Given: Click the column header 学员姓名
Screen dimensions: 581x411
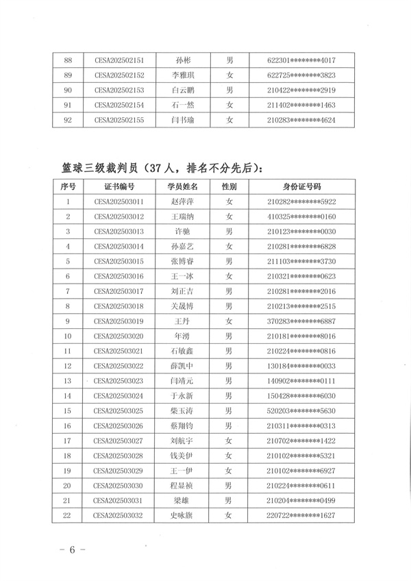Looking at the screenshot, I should coord(183,186).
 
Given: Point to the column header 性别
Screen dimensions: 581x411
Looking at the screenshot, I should coord(229,186).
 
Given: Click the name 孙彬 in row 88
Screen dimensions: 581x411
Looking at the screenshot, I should coord(183,60).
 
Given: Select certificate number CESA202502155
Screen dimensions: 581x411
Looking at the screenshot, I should coord(119,120).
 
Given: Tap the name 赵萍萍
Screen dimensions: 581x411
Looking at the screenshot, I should coord(183,201).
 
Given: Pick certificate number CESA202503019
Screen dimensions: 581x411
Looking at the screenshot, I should coord(119,321).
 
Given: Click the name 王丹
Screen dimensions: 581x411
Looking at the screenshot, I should coord(183,321).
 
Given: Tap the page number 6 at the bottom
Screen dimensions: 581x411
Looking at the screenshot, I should coord(71,551).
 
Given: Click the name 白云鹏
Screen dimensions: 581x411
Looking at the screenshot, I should coord(183,90).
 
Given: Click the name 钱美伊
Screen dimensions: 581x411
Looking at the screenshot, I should coord(183,456).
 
